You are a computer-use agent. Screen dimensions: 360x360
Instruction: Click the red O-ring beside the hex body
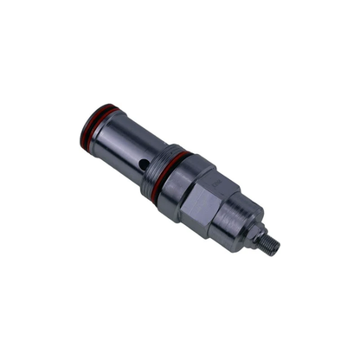tap(172, 170)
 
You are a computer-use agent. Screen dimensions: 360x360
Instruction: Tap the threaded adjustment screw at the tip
tap(270, 244)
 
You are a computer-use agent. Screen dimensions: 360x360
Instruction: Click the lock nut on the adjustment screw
tap(257, 234)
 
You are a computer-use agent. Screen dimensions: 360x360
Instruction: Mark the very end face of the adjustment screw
tap(278, 249)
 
